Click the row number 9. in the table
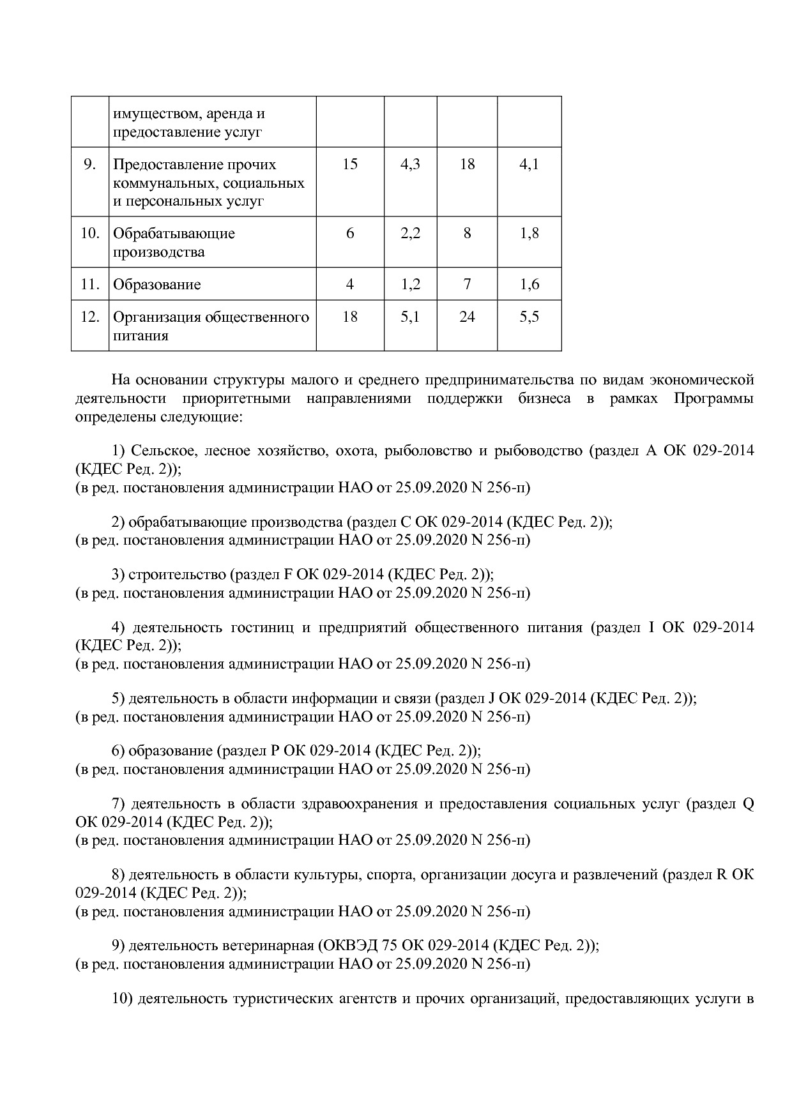click(x=90, y=165)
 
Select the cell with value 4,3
click(x=410, y=165)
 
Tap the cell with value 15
click(x=350, y=165)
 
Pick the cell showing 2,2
click(x=410, y=234)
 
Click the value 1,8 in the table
click(x=529, y=234)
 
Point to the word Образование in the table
click(x=156, y=285)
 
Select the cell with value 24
click(x=467, y=317)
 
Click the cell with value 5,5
click(x=529, y=317)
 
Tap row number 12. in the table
click(x=90, y=317)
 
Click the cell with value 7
click(x=467, y=285)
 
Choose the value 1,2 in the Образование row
click(x=410, y=285)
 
